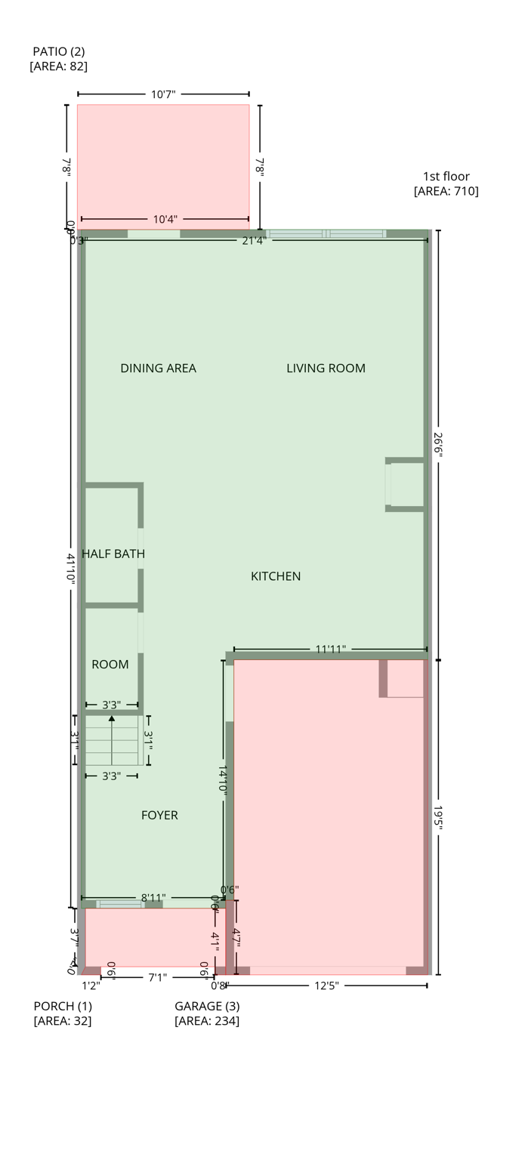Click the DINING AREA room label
click(x=158, y=369)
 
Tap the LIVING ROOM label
click(x=326, y=369)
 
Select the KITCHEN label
click(x=276, y=576)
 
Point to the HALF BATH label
click(x=113, y=554)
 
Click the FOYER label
click(x=159, y=815)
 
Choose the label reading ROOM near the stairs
click(x=110, y=665)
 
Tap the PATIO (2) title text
click(x=58, y=51)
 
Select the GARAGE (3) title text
click(x=207, y=1006)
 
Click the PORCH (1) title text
click(x=63, y=1006)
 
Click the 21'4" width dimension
click(x=253, y=240)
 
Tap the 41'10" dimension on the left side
click(x=71, y=569)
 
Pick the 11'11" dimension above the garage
click(x=330, y=649)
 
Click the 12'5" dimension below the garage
click(x=326, y=986)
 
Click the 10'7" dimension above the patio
click(x=163, y=94)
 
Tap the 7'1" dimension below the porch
click(x=157, y=977)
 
